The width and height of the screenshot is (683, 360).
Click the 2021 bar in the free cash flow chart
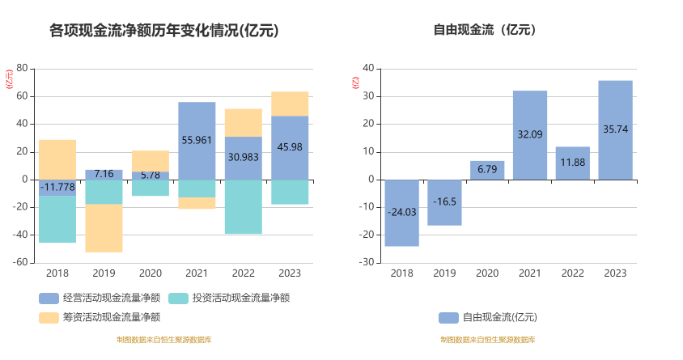pyautogui.click(x=529, y=134)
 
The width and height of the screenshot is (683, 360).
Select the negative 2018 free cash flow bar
pyautogui.click(x=401, y=213)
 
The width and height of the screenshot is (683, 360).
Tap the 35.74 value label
pyautogui.click(x=615, y=129)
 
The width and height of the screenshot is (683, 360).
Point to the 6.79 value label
pyautogui.click(x=487, y=169)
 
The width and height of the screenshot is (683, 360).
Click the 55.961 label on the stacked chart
pyautogui.click(x=197, y=140)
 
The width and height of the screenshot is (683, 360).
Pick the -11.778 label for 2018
pyautogui.click(x=57, y=187)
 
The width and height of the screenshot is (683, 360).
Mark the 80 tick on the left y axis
pyautogui.click(x=22, y=68)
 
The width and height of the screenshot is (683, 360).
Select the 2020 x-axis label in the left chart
pyautogui.click(x=151, y=273)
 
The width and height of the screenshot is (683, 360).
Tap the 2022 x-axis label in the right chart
pyautogui.click(x=572, y=273)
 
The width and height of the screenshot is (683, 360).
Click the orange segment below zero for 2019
pyautogui.click(x=104, y=228)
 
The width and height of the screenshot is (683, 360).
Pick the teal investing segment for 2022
pyautogui.click(x=244, y=206)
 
